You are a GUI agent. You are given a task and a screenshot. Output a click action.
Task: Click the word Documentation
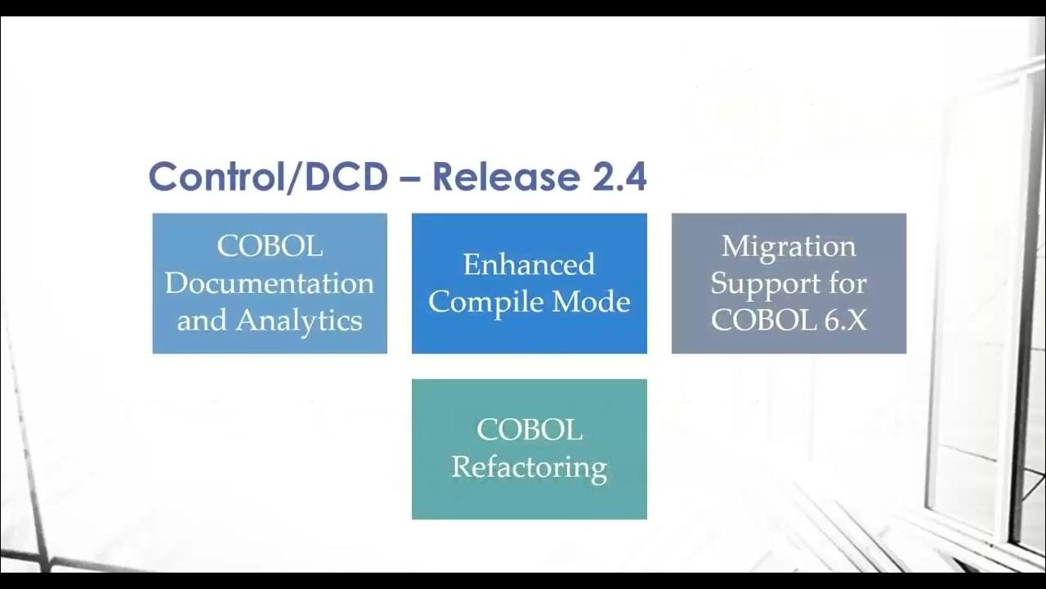click(x=270, y=284)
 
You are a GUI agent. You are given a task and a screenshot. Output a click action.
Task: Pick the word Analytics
click(x=299, y=321)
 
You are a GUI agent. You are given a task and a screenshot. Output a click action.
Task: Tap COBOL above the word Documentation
click(x=270, y=246)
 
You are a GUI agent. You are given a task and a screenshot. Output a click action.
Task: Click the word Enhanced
click(x=529, y=264)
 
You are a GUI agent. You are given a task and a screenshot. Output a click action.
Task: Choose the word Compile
click(x=487, y=303)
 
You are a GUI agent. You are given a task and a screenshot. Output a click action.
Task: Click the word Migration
click(x=789, y=246)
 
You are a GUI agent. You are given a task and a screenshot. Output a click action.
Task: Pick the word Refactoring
click(x=529, y=467)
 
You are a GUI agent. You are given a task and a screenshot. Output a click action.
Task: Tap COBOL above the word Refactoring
click(x=529, y=429)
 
